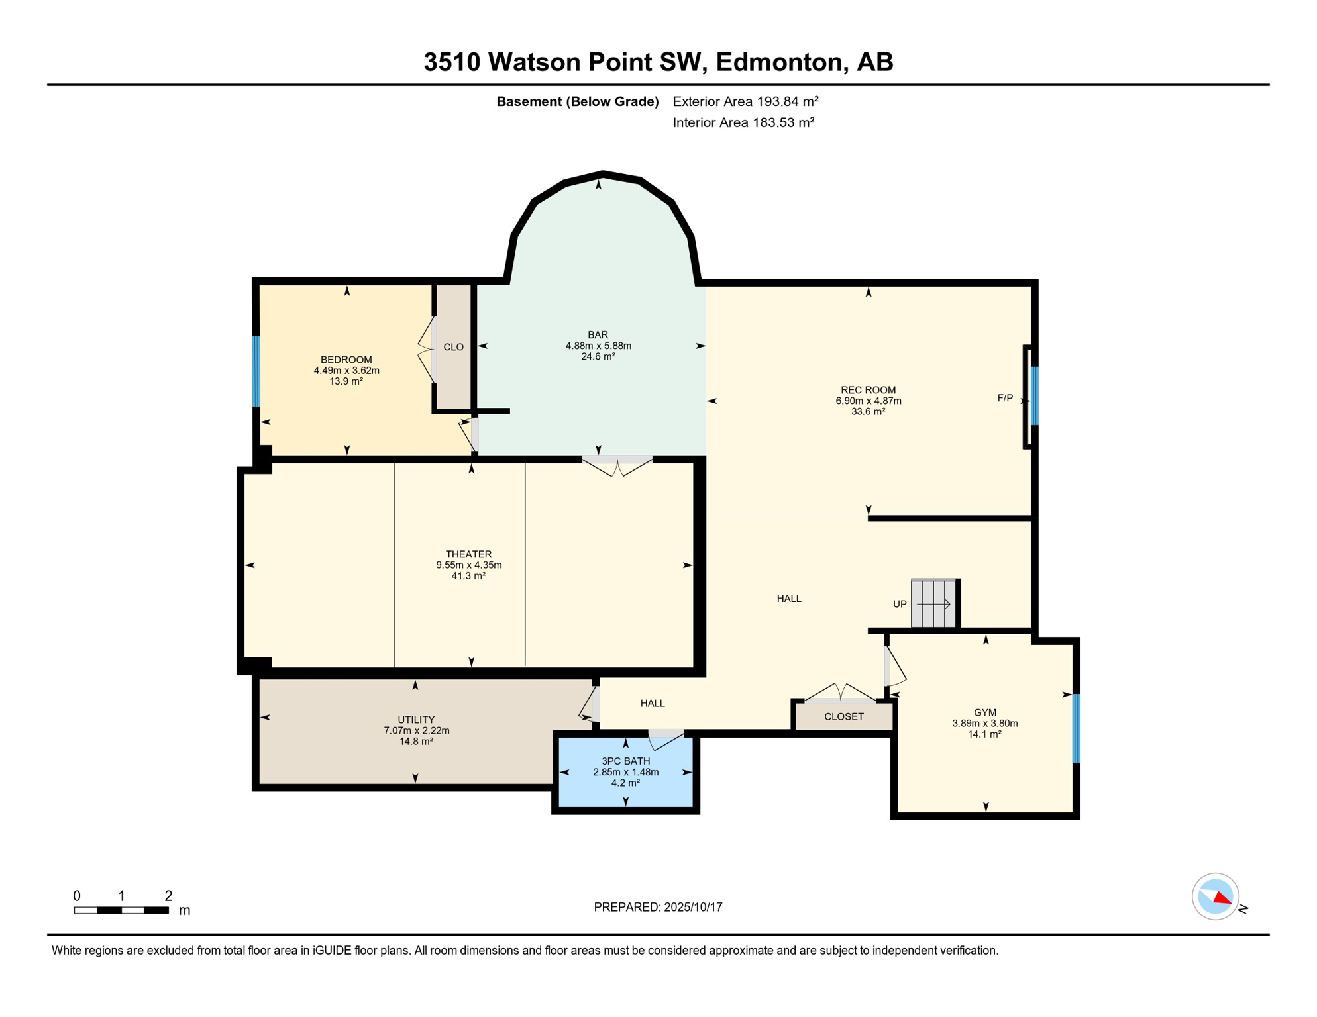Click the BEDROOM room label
coord(346,360)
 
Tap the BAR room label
coord(598,334)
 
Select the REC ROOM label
coord(868,390)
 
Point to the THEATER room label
coord(468,554)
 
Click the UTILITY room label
coord(416,720)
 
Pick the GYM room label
coord(985,712)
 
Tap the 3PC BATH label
coord(625,761)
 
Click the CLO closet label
coord(453,347)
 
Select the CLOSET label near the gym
coord(843,716)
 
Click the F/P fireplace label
coord(1005,398)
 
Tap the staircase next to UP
coord(933,603)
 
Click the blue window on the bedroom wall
coord(256,371)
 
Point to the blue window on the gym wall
coord(1076,728)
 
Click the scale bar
coord(121,910)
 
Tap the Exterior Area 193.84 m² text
coord(745,101)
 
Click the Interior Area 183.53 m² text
coord(743,122)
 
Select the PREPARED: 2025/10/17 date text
coord(658,907)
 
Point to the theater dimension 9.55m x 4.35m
coord(468,565)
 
